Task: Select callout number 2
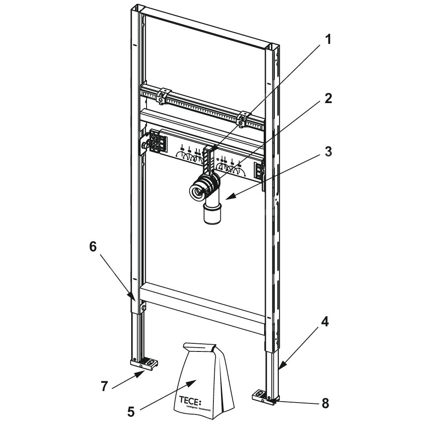(327, 99)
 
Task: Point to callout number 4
(324, 322)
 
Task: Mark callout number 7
(103, 386)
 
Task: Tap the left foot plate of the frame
(144, 363)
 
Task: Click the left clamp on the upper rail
(162, 95)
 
